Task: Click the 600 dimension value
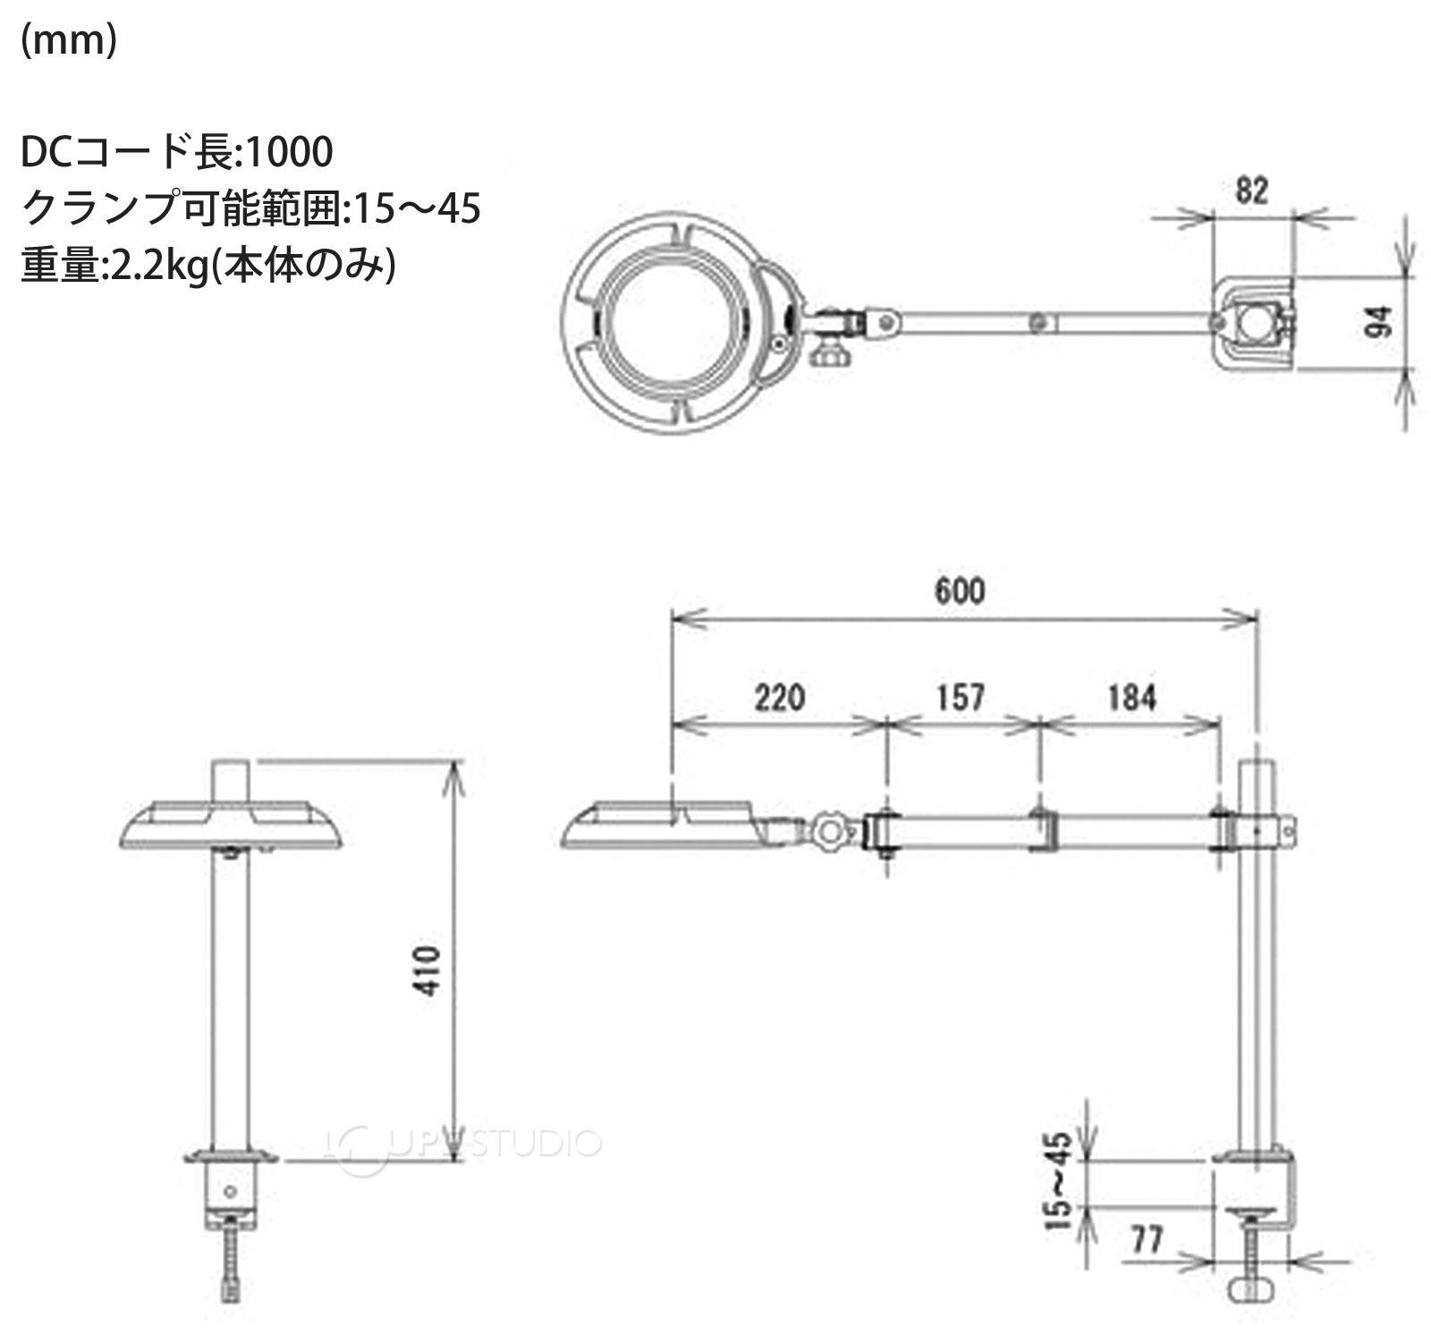[960, 590]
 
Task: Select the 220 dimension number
[779, 697]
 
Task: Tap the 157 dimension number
[961, 697]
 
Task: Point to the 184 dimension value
[1131, 697]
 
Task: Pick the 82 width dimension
[1251, 191]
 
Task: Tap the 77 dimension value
[1147, 1240]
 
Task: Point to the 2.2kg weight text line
[207, 266]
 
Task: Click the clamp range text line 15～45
[250, 208]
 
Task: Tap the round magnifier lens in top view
[670, 321]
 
